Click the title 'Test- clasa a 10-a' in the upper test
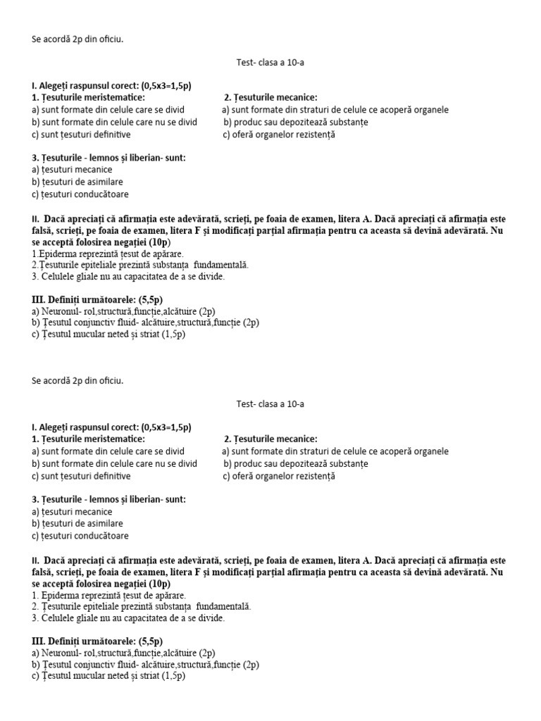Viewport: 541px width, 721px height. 270,63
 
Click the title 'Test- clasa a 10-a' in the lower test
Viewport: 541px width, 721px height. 270,404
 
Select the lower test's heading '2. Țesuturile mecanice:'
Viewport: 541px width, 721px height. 271,439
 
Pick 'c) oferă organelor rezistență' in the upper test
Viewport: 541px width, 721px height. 279,134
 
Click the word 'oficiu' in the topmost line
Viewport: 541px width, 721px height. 110,39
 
